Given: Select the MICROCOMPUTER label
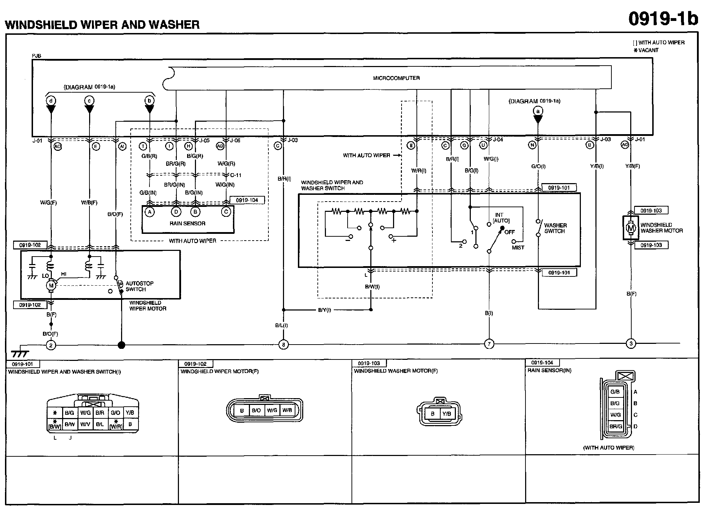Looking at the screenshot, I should point(396,78).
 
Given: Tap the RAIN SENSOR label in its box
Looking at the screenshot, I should point(187,223).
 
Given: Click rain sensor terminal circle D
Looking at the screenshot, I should point(176,212).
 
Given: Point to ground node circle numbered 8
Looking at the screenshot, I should point(283,344).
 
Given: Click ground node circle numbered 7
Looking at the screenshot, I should point(489,344).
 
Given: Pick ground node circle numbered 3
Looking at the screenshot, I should point(631,344).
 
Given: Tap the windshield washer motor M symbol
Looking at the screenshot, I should point(631,228).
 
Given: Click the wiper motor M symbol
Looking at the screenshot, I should point(51,285).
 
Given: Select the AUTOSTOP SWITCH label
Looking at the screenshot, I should point(139,286).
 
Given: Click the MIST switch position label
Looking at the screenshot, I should point(518,248).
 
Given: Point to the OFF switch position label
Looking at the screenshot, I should point(509,232).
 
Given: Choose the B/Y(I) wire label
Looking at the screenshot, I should point(324,310).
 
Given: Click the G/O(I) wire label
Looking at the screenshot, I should point(538,166).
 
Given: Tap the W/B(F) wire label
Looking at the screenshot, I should point(89,203).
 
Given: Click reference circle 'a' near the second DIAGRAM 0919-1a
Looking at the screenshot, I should point(538,111).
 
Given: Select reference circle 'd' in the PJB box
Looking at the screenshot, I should point(51,101).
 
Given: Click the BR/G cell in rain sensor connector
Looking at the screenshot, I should point(615,426).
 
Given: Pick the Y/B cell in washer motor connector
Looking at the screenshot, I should point(446,414).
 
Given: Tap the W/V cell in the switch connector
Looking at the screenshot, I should point(85,424).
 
